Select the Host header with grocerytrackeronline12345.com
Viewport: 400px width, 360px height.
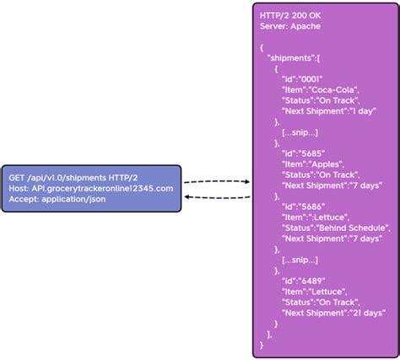coord(91,189)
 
